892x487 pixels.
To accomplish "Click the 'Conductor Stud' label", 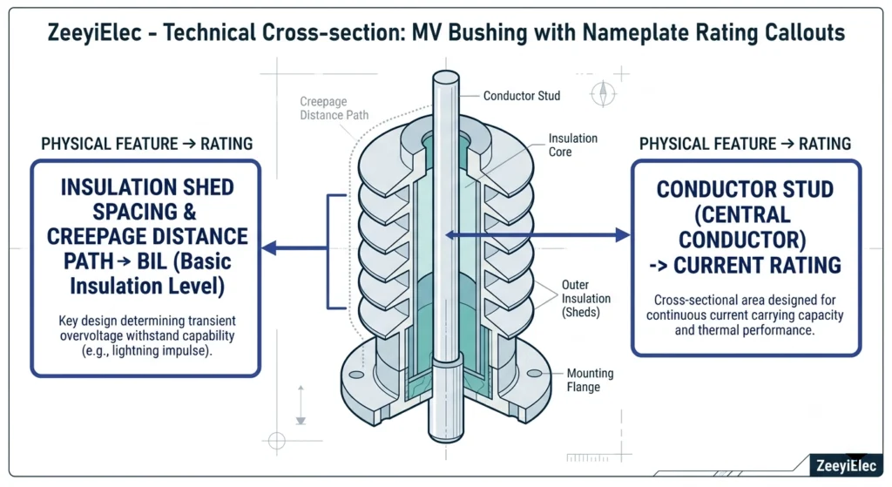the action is coord(522,96).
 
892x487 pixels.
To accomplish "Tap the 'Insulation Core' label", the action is coord(573,145).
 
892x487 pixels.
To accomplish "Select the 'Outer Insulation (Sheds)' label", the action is coord(586,298).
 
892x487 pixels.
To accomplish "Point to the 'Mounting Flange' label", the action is coord(590,380).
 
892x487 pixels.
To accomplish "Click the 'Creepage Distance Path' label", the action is coord(334,108).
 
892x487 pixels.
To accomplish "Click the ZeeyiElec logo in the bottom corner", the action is coord(846,465).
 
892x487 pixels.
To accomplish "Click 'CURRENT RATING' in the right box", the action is coord(757,266).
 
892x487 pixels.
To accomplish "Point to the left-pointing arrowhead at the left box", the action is coord(269,248).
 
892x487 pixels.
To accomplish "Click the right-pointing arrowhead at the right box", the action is coord(622,235).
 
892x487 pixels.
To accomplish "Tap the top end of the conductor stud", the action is coord(445,77).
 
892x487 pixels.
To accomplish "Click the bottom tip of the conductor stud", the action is coord(446,439).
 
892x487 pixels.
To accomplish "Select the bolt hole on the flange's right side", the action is coord(535,373).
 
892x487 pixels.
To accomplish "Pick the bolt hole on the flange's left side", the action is coord(356,375).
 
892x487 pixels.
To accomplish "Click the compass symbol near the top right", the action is coord(603,93).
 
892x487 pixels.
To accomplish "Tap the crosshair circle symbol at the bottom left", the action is coord(276,440).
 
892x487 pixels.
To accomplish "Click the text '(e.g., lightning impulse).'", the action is coord(146,351).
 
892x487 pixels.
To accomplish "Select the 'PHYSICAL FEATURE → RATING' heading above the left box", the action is coord(146,144).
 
